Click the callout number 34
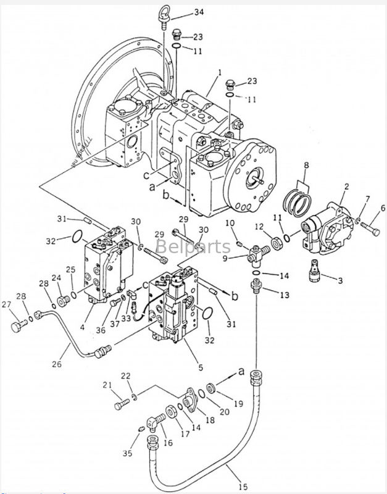point(181,12)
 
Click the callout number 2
point(346,186)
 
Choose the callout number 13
point(284,296)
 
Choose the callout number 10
point(230,222)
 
